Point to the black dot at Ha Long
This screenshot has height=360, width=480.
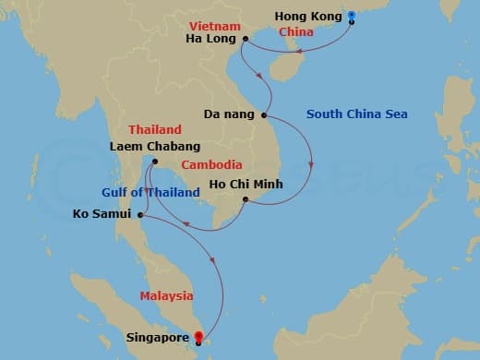pyautogui.click(x=246, y=39)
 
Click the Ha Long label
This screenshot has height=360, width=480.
pyautogui.click(x=212, y=39)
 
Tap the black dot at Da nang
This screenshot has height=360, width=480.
pyautogui.click(x=265, y=115)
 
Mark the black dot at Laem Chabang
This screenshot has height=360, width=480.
pyautogui.click(x=154, y=162)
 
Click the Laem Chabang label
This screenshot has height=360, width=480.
pyautogui.click(x=154, y=146)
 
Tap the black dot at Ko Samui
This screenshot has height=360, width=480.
pyautogui.click(x=139, y=216)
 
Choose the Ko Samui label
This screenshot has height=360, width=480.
pyautogui.click(x=102, y=216)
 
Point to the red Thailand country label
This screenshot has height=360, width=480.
pyautogui.click(x=152, y=129)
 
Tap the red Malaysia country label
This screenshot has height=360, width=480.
pyautogui.click(x=166, y=295)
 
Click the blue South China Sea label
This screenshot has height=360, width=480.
pyautogui.click(x=357, y=114)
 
